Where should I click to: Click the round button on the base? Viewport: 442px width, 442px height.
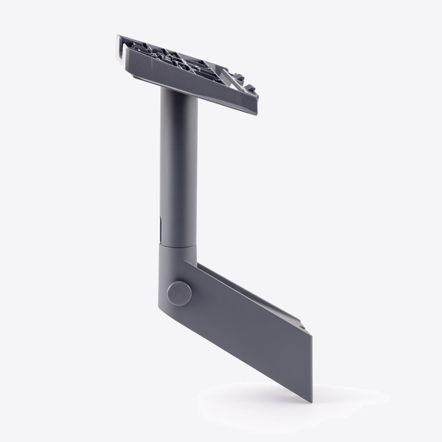(x=179, y=293)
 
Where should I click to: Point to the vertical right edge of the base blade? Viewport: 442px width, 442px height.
(x=312, y=357)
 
